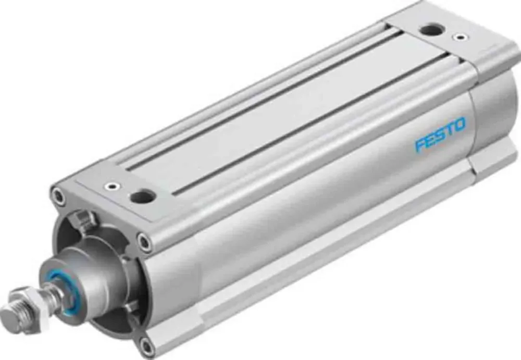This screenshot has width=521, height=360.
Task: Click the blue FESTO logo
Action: (x=440, y=134)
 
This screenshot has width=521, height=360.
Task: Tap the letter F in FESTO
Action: (x=420, y=144)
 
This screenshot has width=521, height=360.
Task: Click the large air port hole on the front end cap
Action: (x=142, y=196)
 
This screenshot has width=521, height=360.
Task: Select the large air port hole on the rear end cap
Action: (x=432, y=30)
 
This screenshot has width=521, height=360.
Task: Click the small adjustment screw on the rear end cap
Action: (x=459, y=38)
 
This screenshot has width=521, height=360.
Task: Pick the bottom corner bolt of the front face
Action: (x=147, y=345)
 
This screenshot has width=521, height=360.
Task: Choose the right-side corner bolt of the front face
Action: (x=144, y=241)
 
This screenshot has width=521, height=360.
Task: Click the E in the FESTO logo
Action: (x=430, y=140)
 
